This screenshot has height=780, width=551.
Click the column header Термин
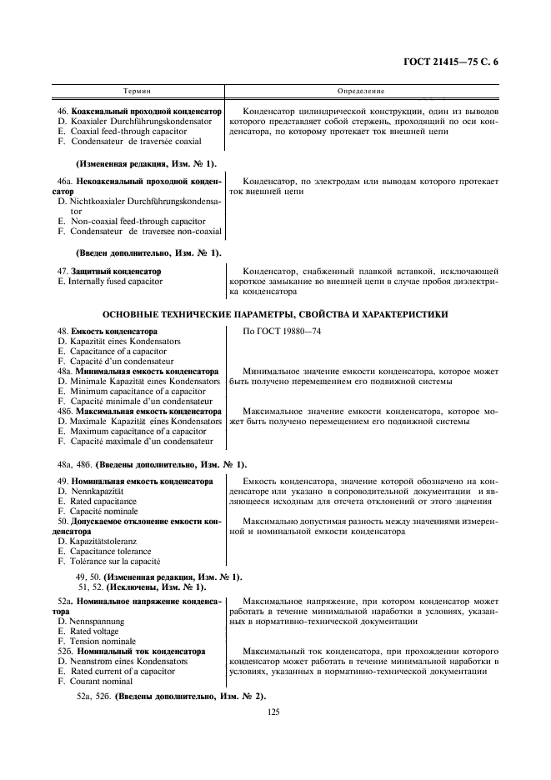click(137, 89)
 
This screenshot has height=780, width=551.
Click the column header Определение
click(361, 89)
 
